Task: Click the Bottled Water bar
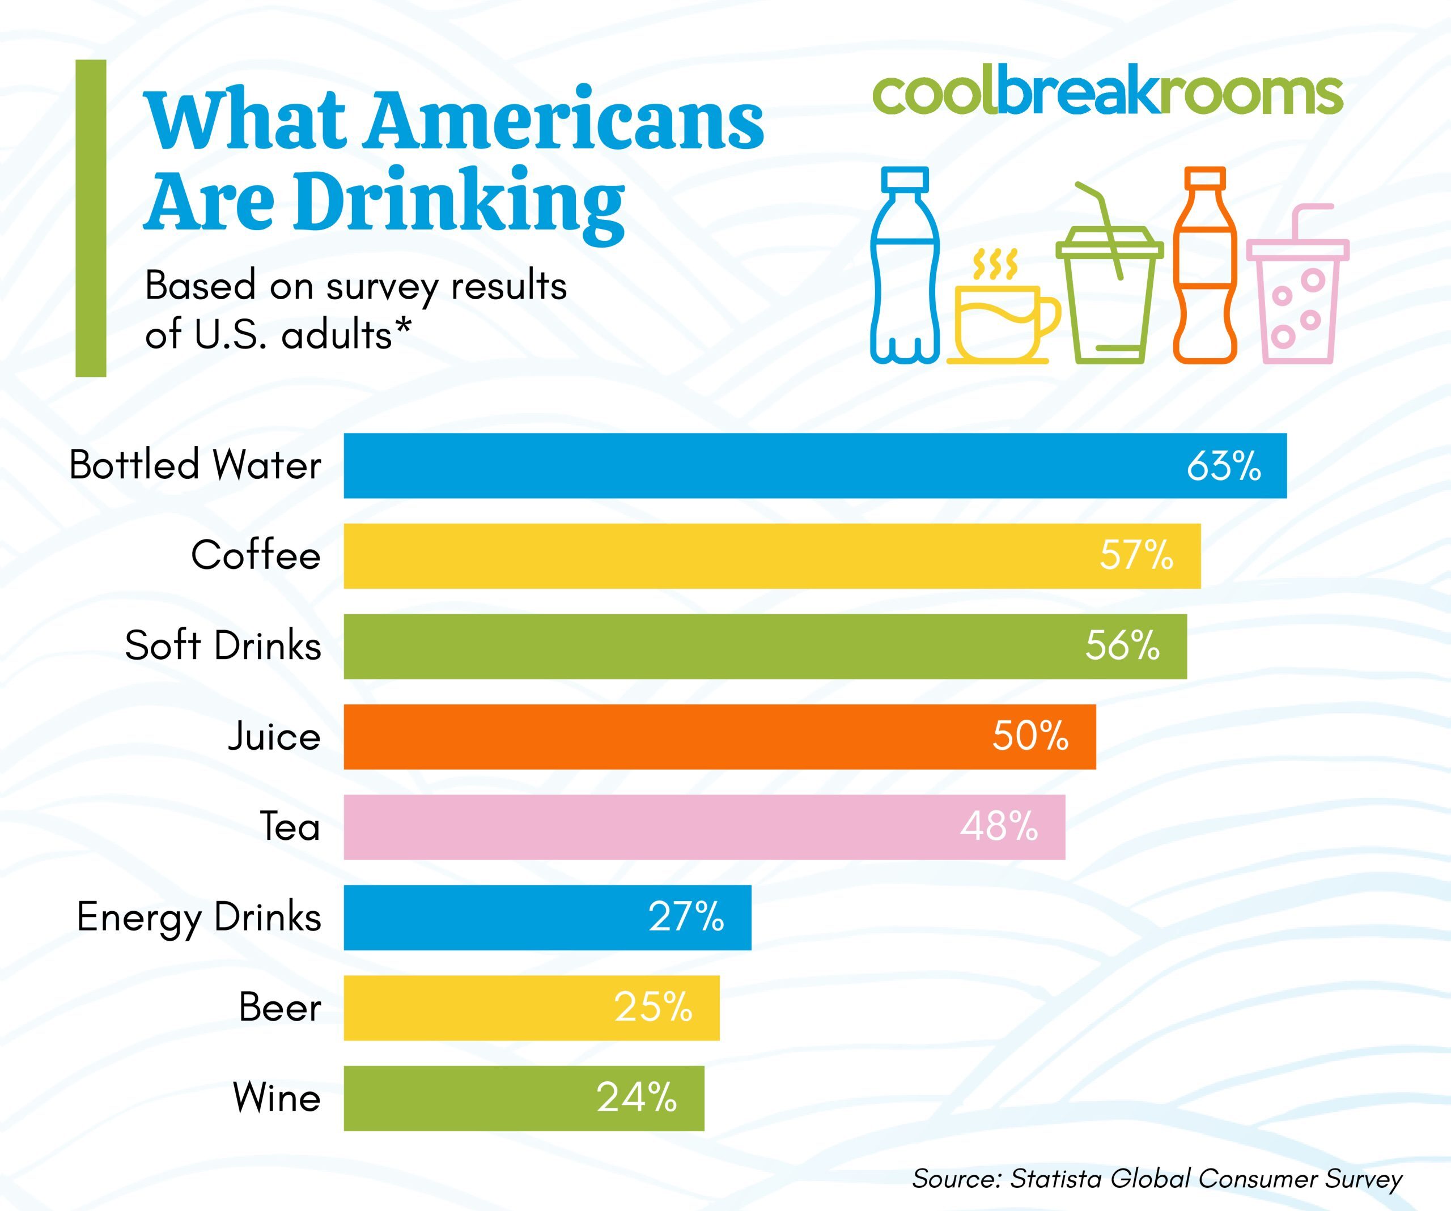760,466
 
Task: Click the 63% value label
1224,466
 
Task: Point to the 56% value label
1122,646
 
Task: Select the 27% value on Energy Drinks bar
685,917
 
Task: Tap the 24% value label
637,1097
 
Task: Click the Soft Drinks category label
223,646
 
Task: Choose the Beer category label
280,1007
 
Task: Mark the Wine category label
277,1097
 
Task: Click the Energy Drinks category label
199,917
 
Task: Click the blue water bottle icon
905,265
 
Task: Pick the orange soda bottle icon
1204,265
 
